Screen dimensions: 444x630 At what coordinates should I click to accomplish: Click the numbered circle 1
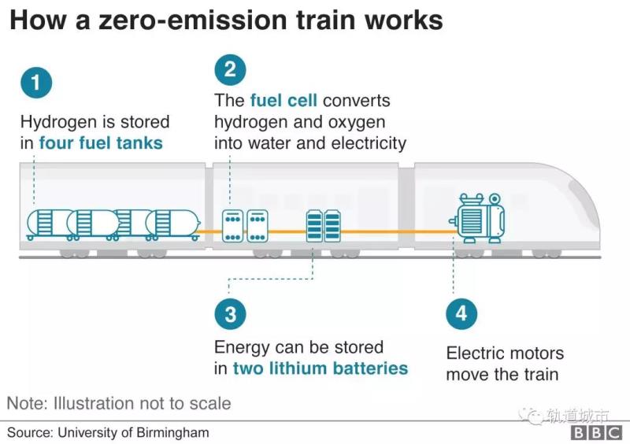36,83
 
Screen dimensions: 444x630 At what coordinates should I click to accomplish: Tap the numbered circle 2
230,68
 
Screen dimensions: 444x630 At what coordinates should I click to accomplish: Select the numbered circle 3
230,315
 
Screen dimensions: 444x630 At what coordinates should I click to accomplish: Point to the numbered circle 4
461,314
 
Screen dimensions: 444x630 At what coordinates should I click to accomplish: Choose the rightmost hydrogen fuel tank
171,224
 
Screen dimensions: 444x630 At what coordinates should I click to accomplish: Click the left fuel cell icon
233,225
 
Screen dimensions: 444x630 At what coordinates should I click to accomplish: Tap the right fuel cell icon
258,225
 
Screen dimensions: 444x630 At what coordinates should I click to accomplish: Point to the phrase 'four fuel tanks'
101,143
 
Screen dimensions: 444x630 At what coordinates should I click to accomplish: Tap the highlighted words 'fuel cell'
283,101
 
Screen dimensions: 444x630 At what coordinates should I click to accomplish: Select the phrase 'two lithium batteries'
321,368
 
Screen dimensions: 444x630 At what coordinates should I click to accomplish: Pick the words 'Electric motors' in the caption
505,353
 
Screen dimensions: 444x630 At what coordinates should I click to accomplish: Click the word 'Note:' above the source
28,404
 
